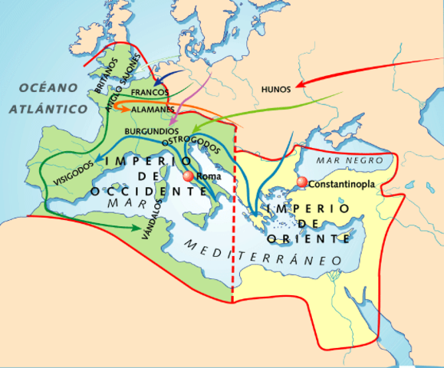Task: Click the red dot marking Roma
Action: (x=188, y=176)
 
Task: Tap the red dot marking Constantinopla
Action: (x=302, y=182)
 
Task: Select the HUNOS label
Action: (x=275, y=89)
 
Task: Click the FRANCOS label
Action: (x=150, y=92)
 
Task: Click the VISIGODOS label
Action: (x=74, y=171)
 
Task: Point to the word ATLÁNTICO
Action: (x=48, y=110)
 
